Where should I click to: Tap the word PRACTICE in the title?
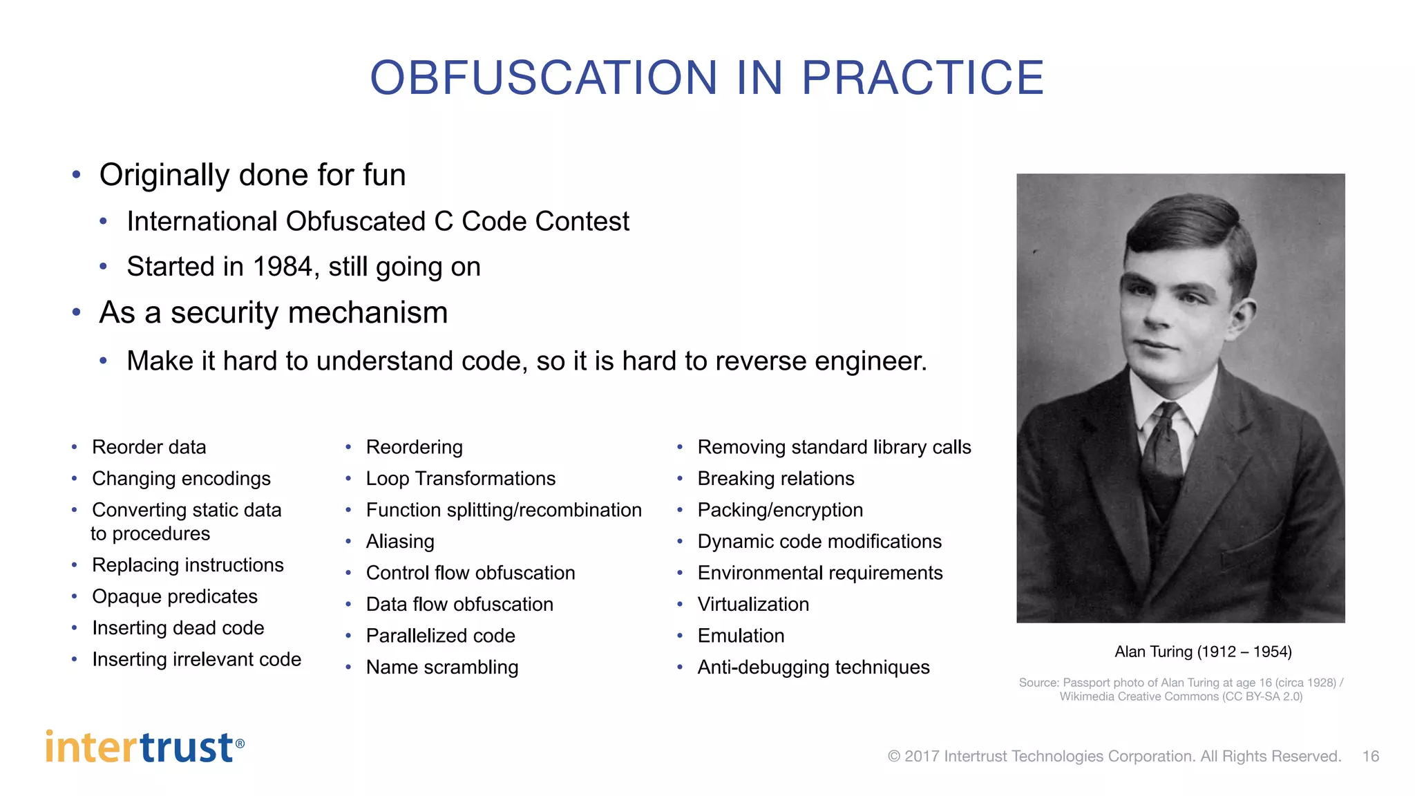pos(922,77)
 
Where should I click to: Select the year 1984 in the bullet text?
pos(283,267)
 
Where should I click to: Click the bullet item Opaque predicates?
pos(174,596)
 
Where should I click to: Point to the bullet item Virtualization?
pos(753,604)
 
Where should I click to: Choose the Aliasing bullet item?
pos(400,541)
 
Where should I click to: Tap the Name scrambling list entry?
pos(442,667)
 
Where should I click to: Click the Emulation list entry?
pos(741,636)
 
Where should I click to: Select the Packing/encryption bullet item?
pos(780,510)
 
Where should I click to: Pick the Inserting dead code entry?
pos(178,627)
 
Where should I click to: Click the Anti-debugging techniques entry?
pos(813,667)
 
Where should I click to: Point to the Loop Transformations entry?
pos(460,478)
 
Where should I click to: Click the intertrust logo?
pos(144,747)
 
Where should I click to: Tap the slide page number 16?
pos(1371,756)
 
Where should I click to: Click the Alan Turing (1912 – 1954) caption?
pos(1203,652)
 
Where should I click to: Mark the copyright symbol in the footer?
pos(894,757)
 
